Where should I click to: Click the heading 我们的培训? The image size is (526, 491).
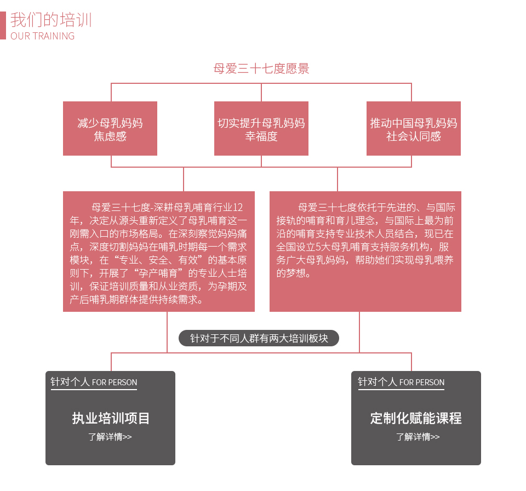point(51,20)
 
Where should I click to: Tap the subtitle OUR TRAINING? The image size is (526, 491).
point(43,36)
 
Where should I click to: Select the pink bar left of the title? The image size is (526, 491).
point(3,26)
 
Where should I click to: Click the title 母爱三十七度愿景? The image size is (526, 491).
point(261,69)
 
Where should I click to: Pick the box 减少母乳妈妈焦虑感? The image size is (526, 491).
point(110,129)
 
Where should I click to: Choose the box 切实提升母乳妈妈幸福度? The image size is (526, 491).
point(261,129)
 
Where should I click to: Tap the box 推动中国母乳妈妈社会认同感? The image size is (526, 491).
point(414,129)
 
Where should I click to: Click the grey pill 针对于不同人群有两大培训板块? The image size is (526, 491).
point(259,338)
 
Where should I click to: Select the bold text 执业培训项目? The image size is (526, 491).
point(111,418)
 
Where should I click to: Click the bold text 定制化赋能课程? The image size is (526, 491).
point(416,418)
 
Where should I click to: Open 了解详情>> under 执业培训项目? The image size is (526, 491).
point(110,437)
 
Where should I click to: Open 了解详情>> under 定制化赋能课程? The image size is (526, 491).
point(418,437)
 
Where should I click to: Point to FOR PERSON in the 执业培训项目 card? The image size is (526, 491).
point(115,382)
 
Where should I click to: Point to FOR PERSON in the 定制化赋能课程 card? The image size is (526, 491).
point(422,382)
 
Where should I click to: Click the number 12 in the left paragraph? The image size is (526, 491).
point(238,207)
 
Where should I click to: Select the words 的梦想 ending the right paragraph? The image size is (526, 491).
point(291,273)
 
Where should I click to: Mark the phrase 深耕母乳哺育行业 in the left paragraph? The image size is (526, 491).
point(193,207)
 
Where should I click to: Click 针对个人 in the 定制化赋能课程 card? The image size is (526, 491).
point(378,382)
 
